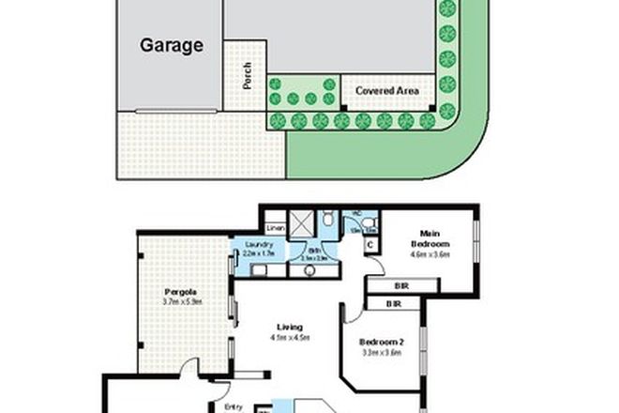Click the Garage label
click(x=172, y=44)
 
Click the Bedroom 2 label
click(x=380, y=343)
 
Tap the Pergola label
click(x=182, y=291)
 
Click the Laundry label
click(x=258, y=246)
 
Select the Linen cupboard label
click(x=275, y=228)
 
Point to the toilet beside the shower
click(x=328, y=219)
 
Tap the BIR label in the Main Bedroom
click(x=401, y=286)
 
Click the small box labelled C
click(x=370, y=246)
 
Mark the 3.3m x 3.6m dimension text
click(x=380, y=355)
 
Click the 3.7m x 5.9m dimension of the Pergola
click(x=182, y=302)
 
